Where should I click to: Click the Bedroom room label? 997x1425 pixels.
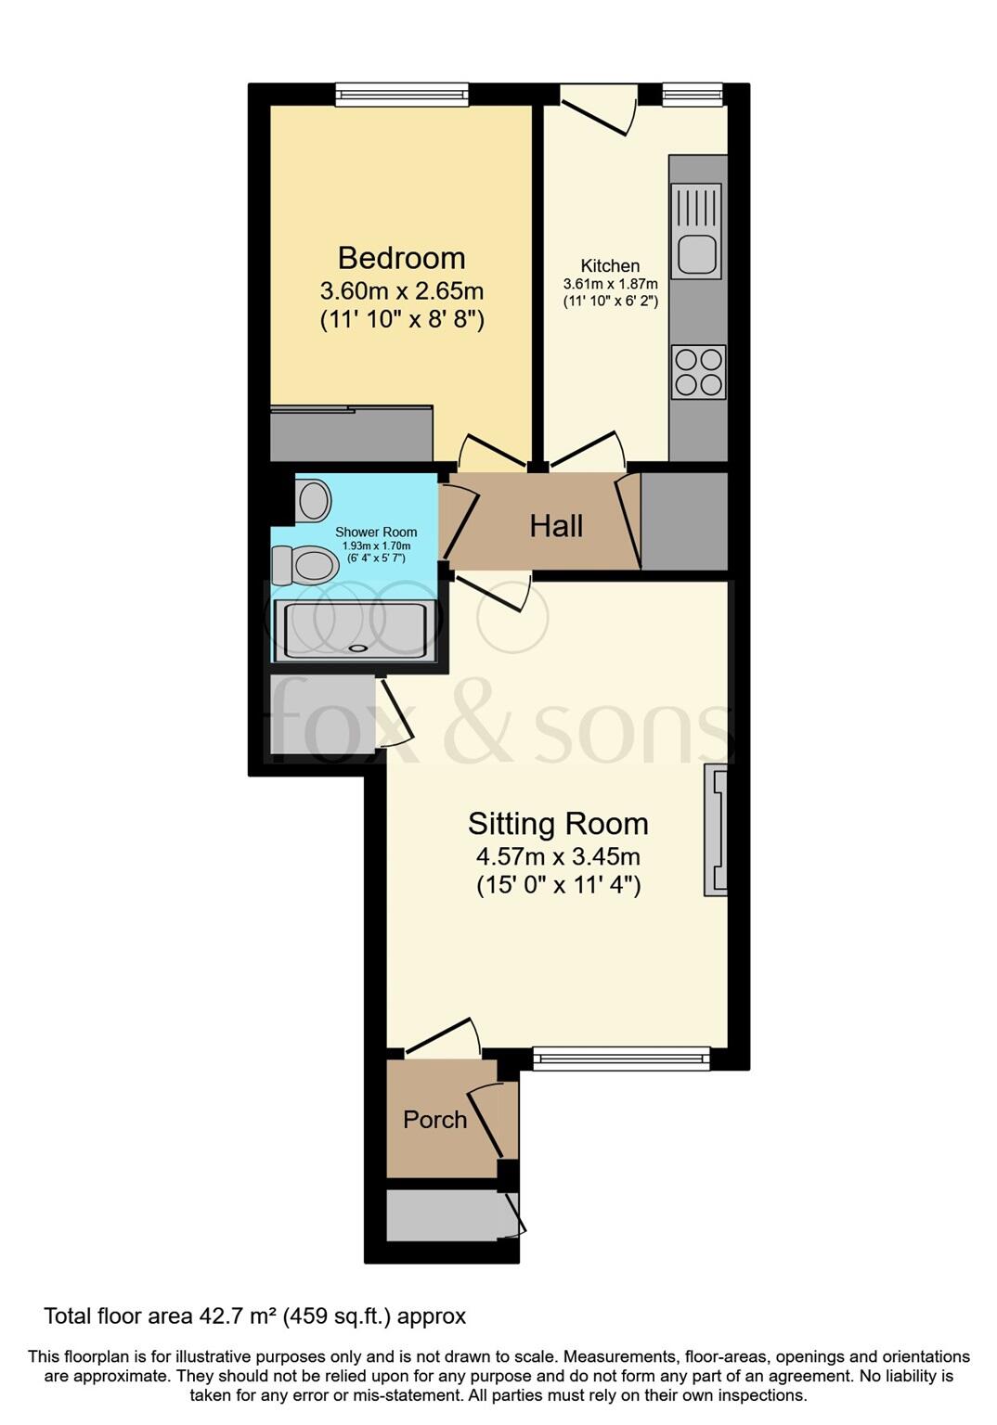click(401, 258)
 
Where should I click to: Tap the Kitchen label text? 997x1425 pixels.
click(610, 266)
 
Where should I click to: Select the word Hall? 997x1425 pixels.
click(556, 527)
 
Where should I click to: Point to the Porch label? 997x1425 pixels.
click(434, 1120)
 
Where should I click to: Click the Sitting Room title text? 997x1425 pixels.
click(558, 824)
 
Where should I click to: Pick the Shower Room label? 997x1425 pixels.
click(376, 533)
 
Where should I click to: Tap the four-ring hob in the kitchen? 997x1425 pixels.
click(698, 372)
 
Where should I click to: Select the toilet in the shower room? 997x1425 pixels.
click(304, 565)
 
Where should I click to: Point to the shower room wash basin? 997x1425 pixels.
click(313, 501)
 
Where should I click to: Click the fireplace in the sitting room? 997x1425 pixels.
click(716, 830)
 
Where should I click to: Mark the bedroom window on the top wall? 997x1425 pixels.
click(402, 94)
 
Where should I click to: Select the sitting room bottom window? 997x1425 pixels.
click(621, 1059)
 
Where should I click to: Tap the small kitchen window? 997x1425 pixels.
click(692, 93)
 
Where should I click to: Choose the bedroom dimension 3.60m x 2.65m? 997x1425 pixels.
click(401, 291)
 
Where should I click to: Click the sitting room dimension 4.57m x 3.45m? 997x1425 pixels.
click(558, 856)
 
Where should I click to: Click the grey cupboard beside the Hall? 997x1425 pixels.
click(684, 521)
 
